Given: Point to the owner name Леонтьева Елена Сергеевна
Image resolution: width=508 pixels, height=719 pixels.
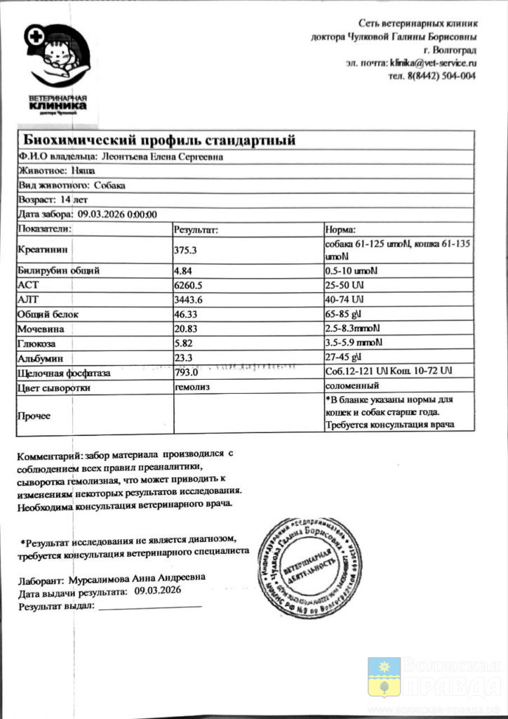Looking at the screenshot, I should (163, 157).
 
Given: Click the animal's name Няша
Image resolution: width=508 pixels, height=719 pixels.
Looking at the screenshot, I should (83, 171).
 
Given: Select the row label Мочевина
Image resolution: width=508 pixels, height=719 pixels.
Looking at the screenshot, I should (40, 329).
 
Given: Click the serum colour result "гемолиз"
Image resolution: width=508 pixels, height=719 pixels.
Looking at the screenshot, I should (192, 386).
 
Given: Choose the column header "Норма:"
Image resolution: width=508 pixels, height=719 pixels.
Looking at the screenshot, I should (341, 229).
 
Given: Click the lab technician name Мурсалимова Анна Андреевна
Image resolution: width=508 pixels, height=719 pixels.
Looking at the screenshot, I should (138, 578).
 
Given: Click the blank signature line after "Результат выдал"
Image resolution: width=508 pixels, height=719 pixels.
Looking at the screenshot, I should (150, 605).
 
